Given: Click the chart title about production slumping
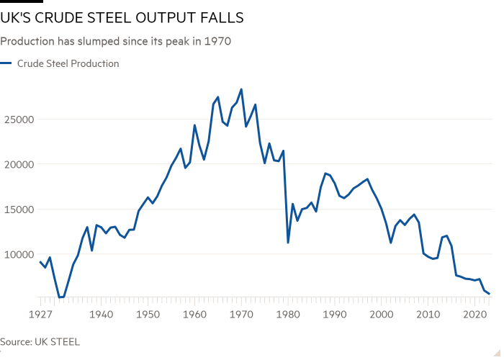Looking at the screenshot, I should [115, 42].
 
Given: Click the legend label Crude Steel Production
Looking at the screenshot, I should [68, 63].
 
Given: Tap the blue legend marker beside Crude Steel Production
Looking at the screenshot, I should [6, 63].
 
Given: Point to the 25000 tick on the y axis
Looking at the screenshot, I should [19, 119].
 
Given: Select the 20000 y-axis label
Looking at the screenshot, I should [19, 164].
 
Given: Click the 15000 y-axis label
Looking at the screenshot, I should [19, 210].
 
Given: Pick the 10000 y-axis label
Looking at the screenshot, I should [19, 254].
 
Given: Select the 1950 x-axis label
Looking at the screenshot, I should [148, 315].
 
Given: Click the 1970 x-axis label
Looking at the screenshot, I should [241, 315].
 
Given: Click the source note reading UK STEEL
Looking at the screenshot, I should [40, 342].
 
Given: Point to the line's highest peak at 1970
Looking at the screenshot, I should [241, 89].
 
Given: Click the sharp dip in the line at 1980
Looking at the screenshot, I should [288, 243].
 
